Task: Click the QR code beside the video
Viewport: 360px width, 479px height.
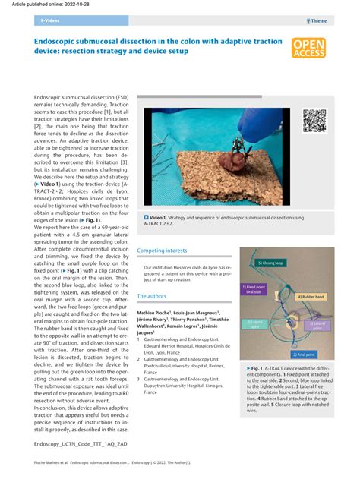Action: (314, 121)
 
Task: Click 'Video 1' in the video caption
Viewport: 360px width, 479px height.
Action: (163, 218)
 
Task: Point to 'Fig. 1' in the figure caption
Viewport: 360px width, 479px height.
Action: (263, 368)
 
